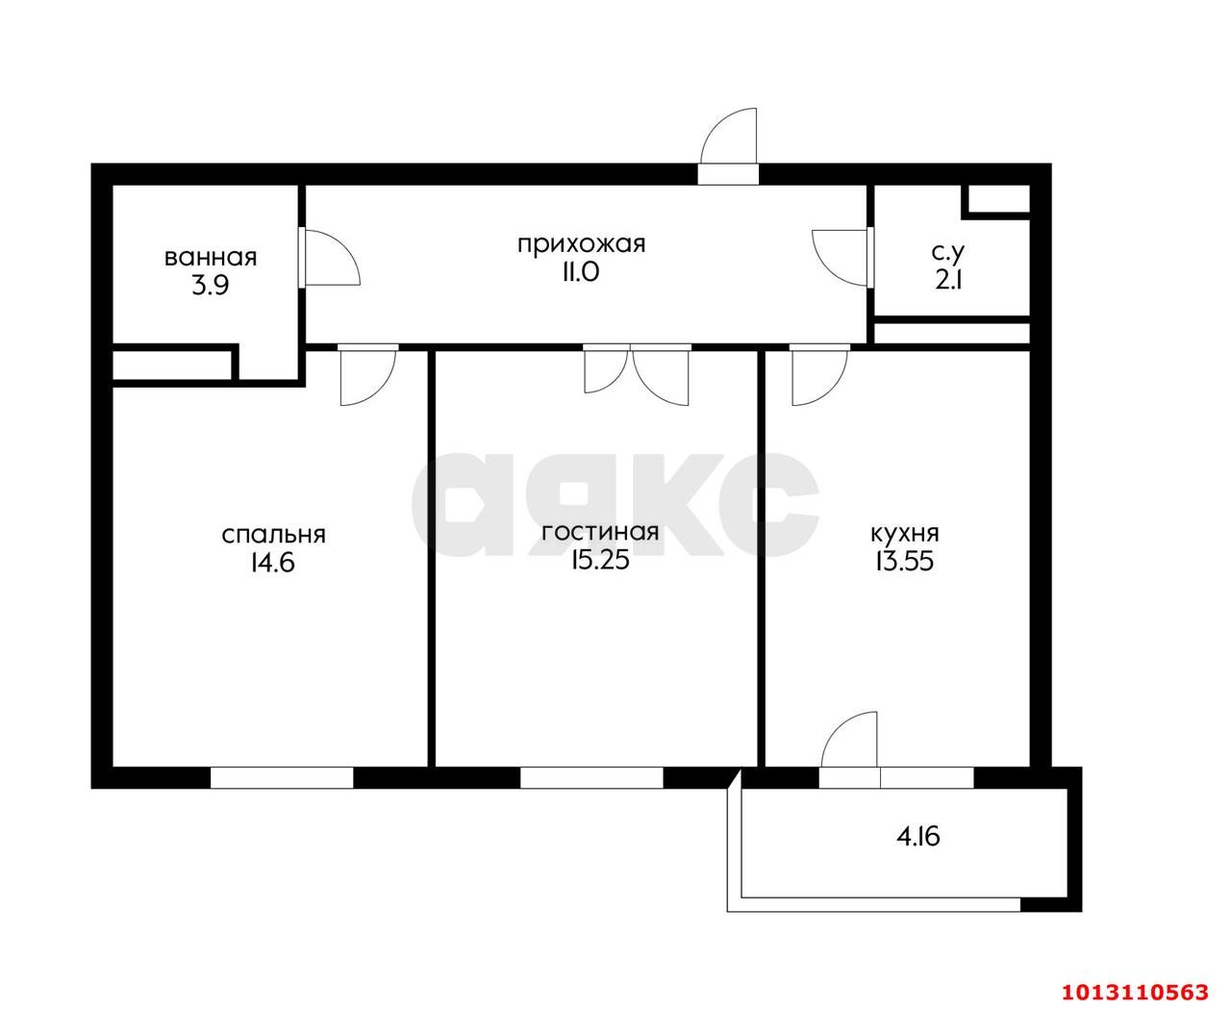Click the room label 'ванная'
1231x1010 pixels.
coord(211,258)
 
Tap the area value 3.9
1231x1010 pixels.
coord(210,286)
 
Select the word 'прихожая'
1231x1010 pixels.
coord(581,244)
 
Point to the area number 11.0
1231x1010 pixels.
coord(581,272)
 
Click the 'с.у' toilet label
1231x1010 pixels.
coord(948,253)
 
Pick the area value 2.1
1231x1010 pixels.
coord(948,281)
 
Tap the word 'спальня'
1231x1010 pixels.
coord(273,536)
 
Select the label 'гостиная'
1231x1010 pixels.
coord(600,533)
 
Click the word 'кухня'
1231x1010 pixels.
coord(905,534)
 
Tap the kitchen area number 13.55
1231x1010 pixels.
coord(904,562)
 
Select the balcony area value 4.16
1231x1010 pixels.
coord(918,838)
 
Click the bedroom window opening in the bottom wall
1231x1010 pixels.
coord(282,777)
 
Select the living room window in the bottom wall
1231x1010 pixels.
coord(591,777)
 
